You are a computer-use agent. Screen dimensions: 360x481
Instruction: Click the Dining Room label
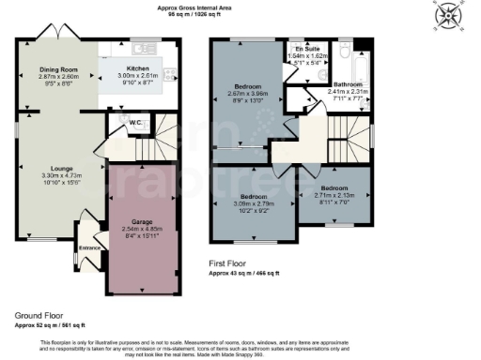(57, 69)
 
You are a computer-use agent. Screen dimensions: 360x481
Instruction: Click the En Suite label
(306, 47)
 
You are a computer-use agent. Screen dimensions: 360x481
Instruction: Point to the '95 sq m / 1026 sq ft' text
(240, 15)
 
